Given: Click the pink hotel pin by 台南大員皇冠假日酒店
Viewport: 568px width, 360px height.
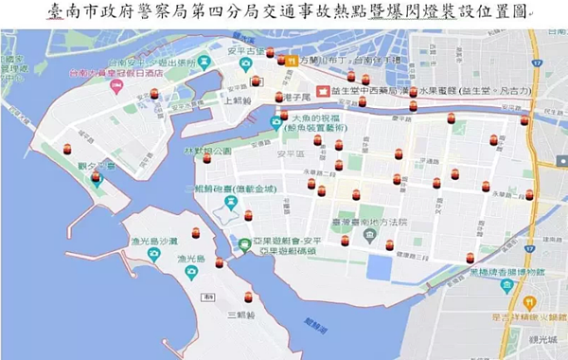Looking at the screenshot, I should (x=117, y=86).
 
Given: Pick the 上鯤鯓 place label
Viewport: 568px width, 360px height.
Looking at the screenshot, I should (x=239, y=98).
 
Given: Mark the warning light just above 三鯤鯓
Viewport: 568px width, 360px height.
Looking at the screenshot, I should (x=248, y=297).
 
